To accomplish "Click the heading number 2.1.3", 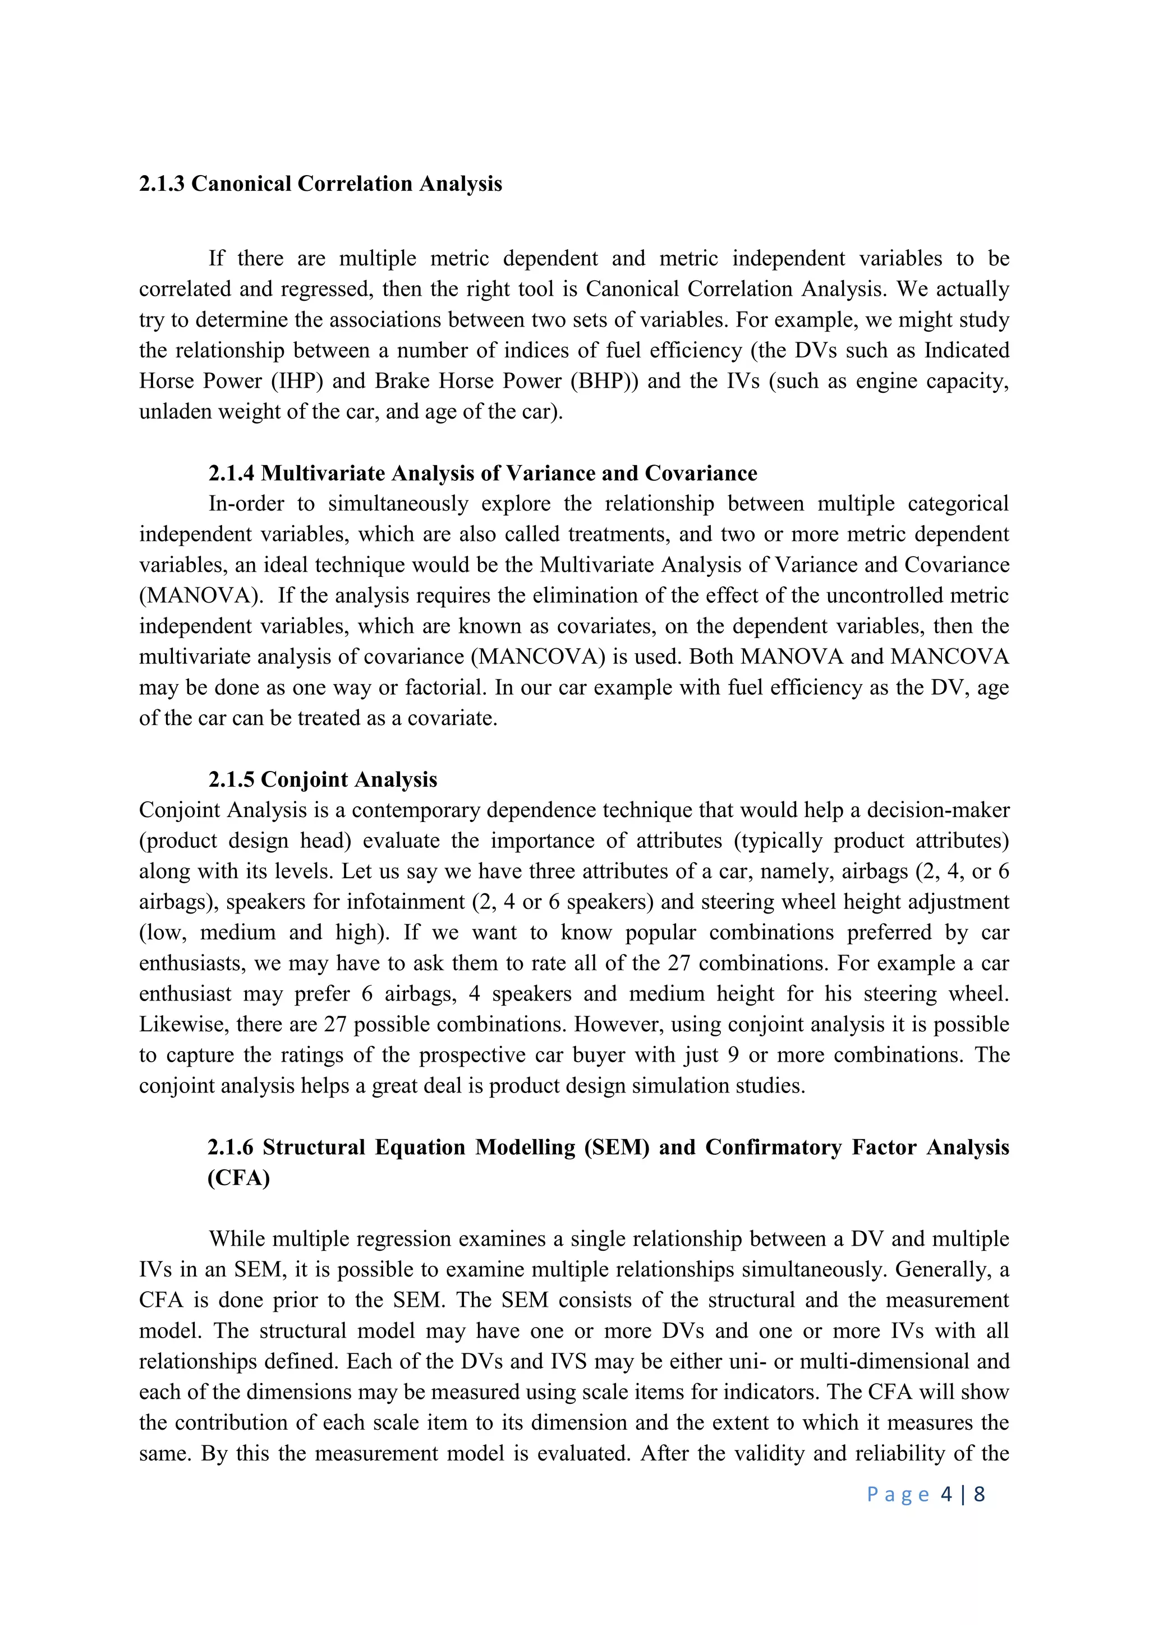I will point(162,184).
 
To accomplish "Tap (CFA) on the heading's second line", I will point(238,1178).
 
